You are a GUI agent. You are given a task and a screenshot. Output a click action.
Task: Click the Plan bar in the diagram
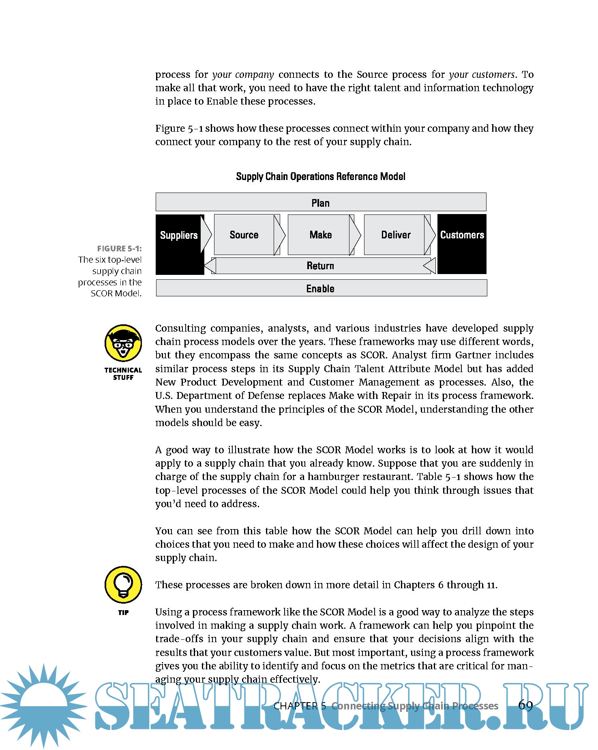(321, 202)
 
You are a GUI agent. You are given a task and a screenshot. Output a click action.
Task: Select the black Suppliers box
(179, 244)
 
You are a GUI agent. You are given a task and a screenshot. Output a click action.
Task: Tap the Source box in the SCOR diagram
(244, 235)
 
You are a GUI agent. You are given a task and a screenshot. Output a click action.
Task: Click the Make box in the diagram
(320, 235)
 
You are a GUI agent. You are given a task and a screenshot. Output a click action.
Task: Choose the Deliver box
(396, 235)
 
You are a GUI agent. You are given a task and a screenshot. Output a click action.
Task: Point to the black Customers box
(462, 244)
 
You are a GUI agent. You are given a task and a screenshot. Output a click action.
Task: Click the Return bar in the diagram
(320, 266)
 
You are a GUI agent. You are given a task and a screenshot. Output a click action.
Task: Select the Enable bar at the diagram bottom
(321, 288)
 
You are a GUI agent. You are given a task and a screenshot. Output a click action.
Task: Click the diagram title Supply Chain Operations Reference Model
(320, 176)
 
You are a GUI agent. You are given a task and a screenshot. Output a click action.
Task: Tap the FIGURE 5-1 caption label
(119, 249)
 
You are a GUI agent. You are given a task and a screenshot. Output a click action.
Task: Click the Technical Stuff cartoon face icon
(123, 343)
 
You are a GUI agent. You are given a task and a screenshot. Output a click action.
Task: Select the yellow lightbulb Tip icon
(123, 585)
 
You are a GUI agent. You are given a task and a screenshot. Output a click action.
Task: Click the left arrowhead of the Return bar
(210, 266)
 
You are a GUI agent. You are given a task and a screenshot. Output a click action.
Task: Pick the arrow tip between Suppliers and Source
(207, 234)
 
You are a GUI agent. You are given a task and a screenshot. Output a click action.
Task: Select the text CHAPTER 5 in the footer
(300, 706)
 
